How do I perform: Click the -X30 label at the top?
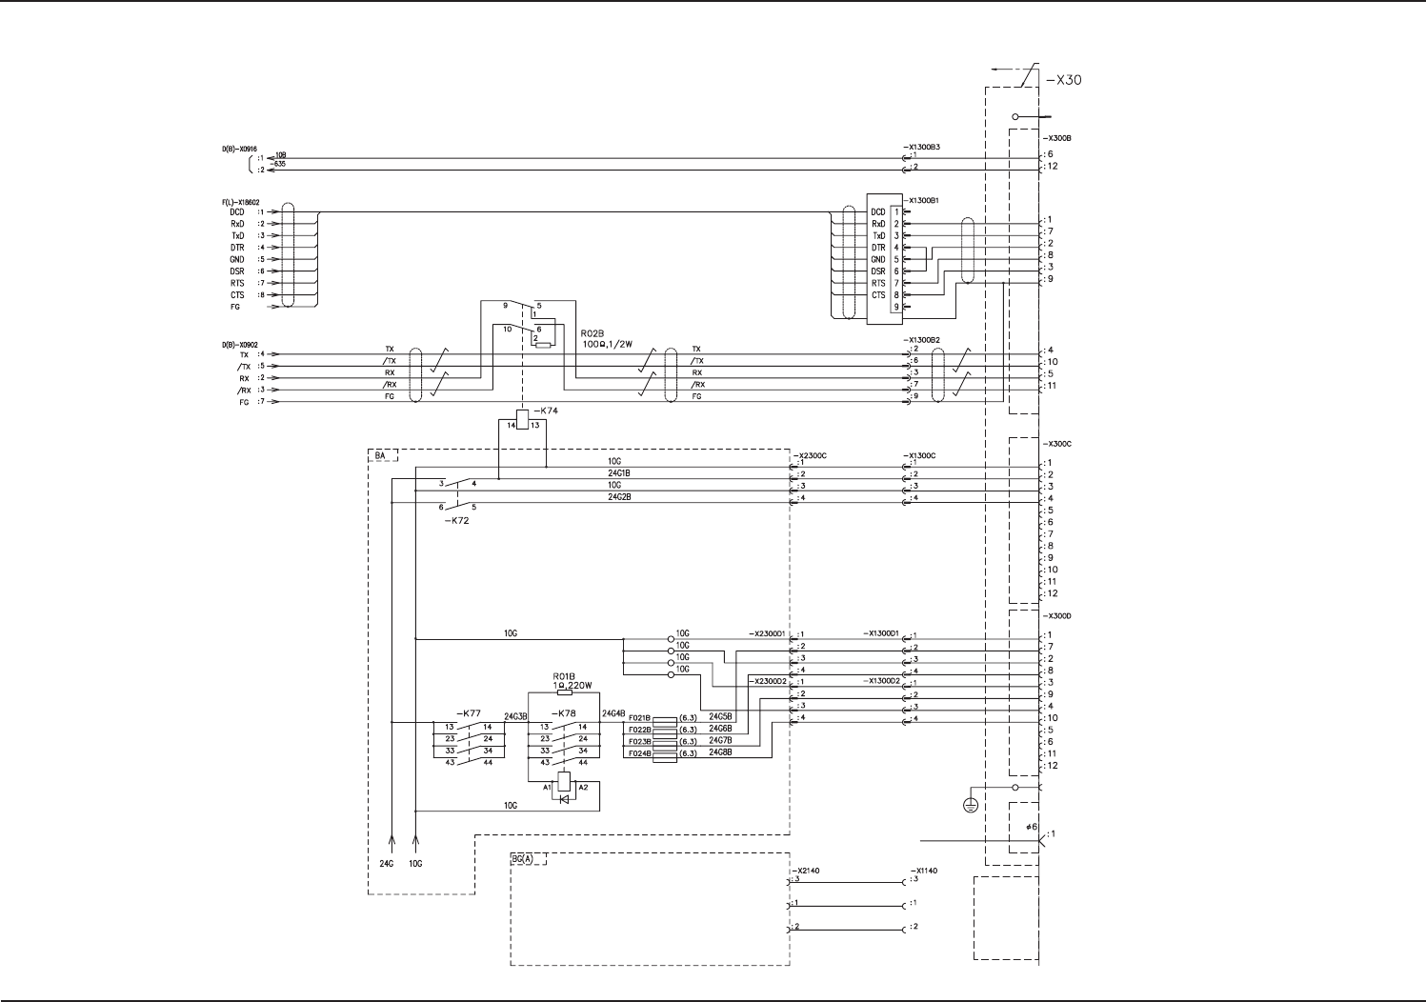point(1063,80)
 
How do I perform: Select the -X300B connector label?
point(1057,138)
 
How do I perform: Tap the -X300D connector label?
point(1057,616)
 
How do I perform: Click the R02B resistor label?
point(592,334)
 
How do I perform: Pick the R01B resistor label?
point(564,676)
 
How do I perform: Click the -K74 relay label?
point(546,411)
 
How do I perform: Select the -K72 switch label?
point(456,521)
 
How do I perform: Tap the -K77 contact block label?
point(468,713)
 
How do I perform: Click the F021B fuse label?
point(639,718)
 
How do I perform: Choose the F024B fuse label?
point(639,753)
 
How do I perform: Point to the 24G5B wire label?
point(720,717)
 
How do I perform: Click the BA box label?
point(381,456)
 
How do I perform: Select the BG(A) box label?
point(523,859)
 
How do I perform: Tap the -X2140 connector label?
point(804,871)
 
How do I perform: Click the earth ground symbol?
point(971,806)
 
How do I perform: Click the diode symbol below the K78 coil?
point(564,798)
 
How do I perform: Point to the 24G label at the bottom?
point(386,864)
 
